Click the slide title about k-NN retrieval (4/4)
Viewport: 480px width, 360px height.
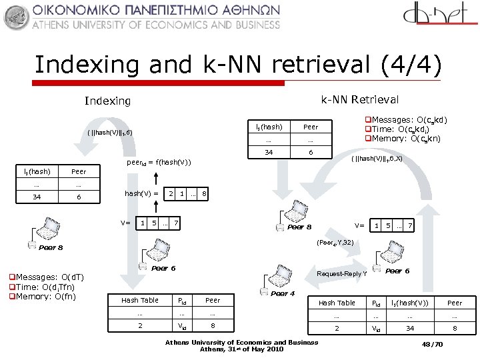point(238,65)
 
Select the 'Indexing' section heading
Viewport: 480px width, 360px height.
point(107,101)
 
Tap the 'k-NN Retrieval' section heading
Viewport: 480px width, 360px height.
point(359,99)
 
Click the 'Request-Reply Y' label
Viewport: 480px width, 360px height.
point(342,273)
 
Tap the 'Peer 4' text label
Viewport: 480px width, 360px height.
point(283,293)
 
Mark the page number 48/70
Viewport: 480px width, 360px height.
point(434,345)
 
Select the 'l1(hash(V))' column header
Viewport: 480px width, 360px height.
point(410,303)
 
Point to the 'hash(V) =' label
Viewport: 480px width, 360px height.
point(142,193)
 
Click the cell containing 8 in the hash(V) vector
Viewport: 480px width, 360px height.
point(204,193)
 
